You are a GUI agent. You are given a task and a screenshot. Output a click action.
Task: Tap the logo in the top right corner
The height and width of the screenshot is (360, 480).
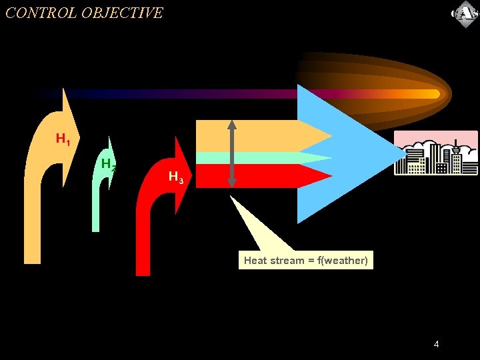tap(464, 14)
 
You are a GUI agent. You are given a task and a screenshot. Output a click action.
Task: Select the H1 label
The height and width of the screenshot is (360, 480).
tap(63, 139)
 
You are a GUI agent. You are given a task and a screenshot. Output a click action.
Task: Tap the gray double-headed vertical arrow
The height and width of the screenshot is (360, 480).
tap(232, 153)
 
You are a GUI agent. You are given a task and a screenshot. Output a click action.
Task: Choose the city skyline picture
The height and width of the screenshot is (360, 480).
tap(436, 153)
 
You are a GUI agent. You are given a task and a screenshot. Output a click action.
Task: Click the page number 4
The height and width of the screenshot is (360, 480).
tap(436, 344)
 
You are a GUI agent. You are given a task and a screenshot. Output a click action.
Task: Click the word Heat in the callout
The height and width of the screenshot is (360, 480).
tap(255, 261)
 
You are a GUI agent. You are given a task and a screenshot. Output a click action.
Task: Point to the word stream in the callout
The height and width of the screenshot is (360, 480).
tap(287, 261)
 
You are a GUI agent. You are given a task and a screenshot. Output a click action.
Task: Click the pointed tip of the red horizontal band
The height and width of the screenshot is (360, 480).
tap(329, 176)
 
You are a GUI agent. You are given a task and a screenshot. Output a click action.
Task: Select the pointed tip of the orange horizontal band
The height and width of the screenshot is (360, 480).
tap(329, 136)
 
